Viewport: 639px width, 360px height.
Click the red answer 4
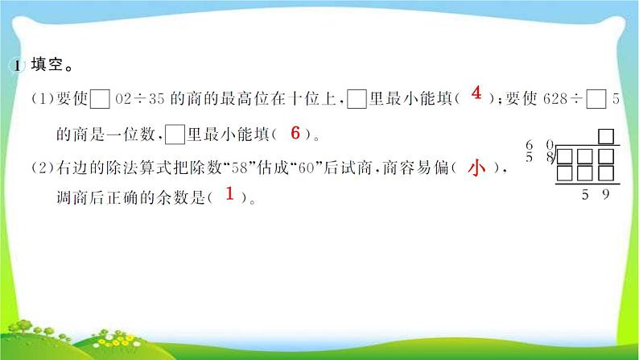pos(476,95)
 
